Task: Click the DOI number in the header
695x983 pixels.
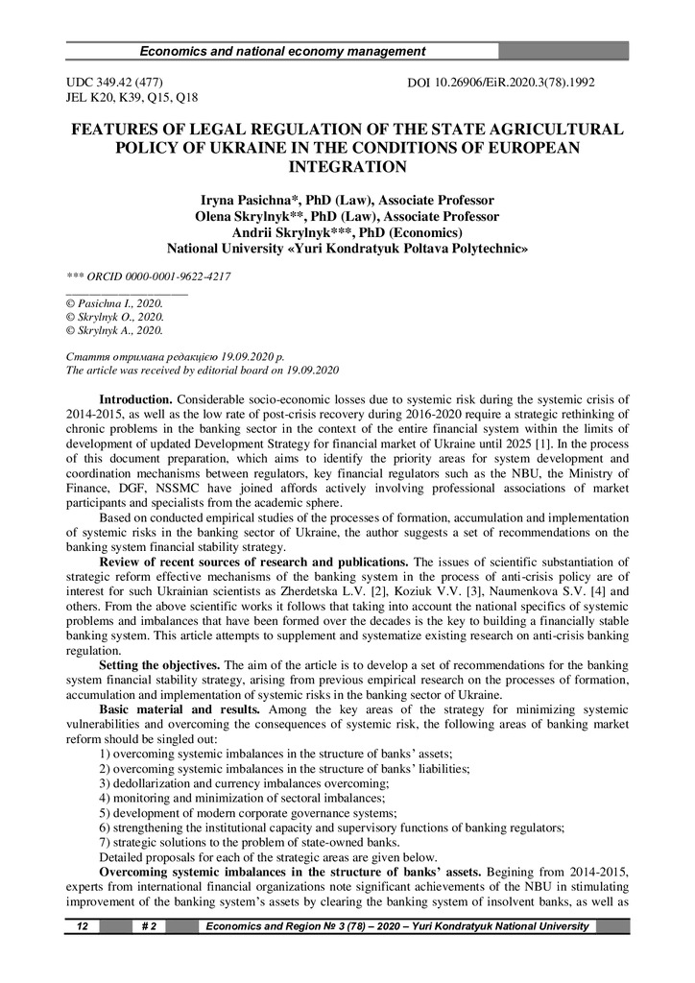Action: pos(501,83)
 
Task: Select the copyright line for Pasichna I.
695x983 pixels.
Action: pos(114,302)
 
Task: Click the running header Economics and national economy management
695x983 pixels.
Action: pos(282,51)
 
